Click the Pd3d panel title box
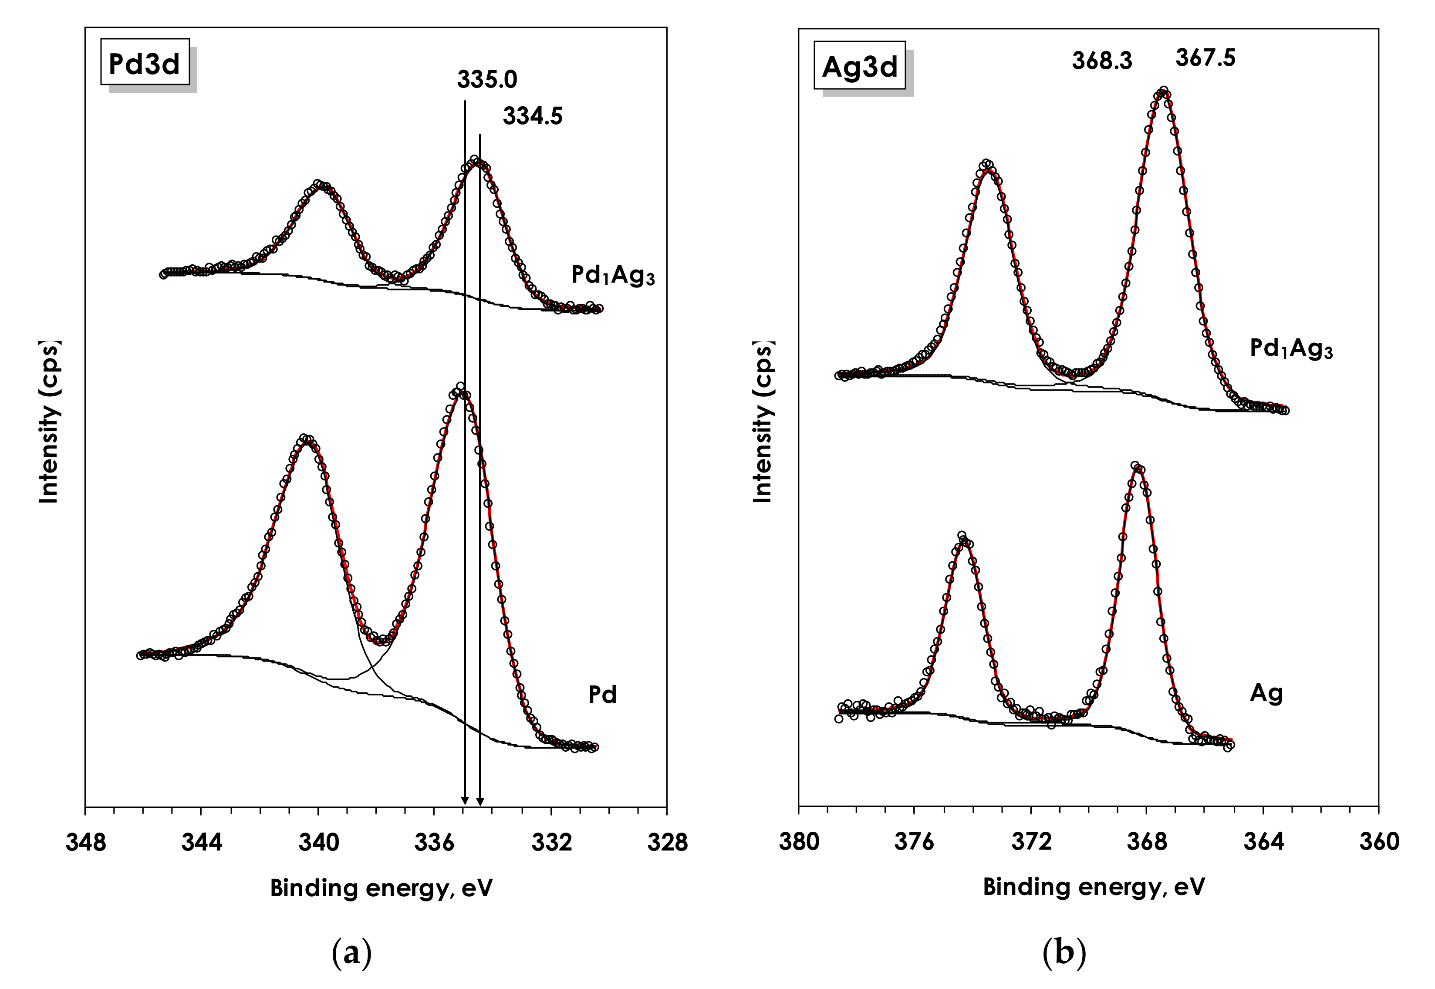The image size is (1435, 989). (144, 64)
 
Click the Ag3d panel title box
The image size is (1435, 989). (859, 66)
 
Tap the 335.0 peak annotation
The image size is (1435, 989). (487, 80)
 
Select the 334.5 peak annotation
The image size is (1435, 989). (532, 116)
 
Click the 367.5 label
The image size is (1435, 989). (1205, 58)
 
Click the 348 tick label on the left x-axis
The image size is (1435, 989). (85, 844)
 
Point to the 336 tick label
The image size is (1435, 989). (434, 844)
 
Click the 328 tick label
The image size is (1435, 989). (667, 844)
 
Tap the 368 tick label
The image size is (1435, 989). (1146, 842)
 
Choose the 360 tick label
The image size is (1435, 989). (1379, 842)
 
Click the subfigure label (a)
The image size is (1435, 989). (352, 952)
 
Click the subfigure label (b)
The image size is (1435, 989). (1064, 952)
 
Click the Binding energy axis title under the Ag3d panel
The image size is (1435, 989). (1094, 887)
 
